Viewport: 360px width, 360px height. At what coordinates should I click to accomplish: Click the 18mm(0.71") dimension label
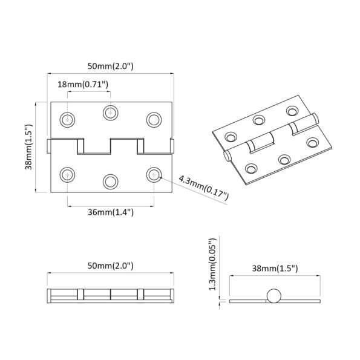(83, 84)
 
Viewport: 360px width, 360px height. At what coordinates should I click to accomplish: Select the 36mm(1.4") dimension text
(109, 212)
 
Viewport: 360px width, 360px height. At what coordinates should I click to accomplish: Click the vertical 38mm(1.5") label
(28, 148)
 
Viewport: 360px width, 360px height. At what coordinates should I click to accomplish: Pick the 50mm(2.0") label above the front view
(110, 65)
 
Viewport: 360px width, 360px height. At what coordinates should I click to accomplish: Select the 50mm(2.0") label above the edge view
(110, 266)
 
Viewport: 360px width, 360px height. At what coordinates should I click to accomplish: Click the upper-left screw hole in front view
(68, 119)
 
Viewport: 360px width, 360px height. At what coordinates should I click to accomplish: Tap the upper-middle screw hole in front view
(110, 112)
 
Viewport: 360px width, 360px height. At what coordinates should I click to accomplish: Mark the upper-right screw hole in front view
(154, 119)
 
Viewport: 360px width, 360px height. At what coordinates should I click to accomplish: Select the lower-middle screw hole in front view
(110, 181)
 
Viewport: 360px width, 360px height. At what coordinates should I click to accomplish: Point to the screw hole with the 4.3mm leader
(154, 175)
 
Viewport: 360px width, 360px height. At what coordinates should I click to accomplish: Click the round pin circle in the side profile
(274, 296)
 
